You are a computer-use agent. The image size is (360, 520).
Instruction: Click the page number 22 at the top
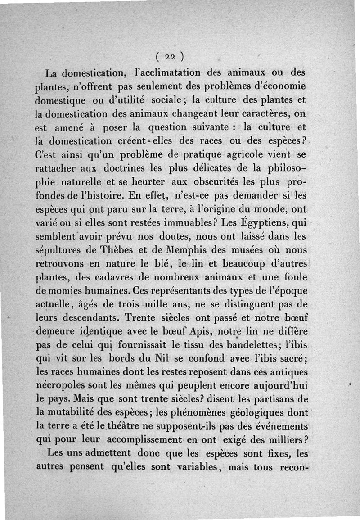pos(169,57)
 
